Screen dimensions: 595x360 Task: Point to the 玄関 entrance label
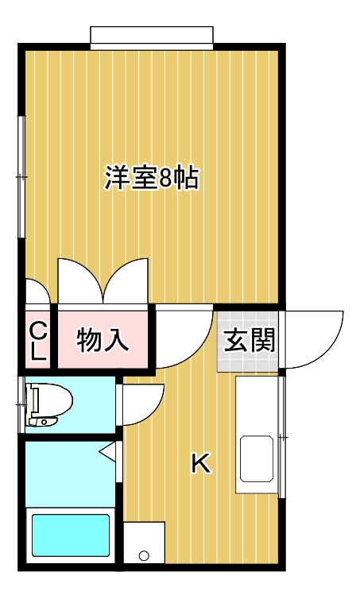click(x=249, y=340)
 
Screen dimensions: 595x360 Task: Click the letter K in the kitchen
click(x=201, y=463)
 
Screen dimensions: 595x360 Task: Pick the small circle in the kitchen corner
click(x=145, y=554)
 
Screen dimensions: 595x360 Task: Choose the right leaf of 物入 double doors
click(x=127, y=280)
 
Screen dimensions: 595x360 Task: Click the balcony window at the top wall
click(x=152, y=37)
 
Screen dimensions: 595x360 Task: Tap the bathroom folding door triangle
click(x=109, y=454)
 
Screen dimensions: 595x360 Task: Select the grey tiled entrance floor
click(x=248, y=354)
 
